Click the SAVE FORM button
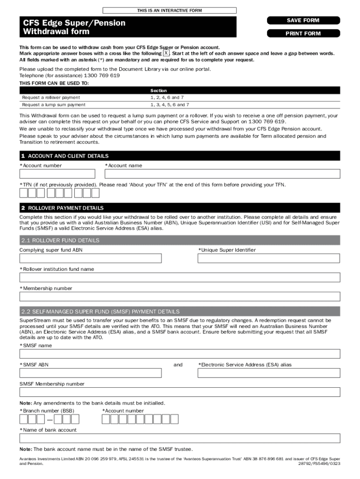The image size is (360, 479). [303, 20]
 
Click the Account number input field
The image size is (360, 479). [57, 174]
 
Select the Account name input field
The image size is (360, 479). [222, 174]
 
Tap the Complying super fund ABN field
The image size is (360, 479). [90, 258]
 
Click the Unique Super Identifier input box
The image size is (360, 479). [269, 258]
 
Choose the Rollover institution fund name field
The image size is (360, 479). [180, 277]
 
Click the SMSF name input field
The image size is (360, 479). [180, 354]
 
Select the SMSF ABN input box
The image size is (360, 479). [90, 373]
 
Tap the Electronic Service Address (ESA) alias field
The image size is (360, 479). [269, 373]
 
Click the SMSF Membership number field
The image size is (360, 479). [180, 392]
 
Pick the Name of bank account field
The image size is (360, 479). [180, 438]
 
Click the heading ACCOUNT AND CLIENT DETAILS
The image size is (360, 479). [68, 156]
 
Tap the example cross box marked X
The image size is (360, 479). [166, 53]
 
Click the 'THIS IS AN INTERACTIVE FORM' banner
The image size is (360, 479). [169, 10]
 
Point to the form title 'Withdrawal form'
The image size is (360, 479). [53, 32]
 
